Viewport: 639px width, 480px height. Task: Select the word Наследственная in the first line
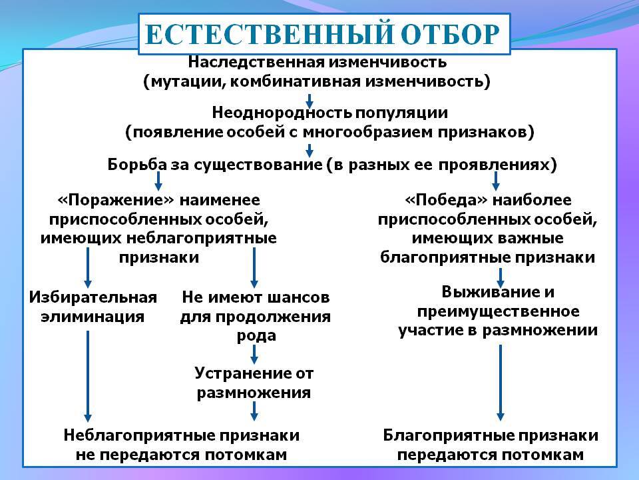click(256, 62)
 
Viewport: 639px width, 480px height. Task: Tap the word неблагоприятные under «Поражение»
click(202, 239)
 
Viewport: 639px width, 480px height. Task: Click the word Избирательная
click(93, 297)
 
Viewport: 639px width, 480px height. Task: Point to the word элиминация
click(93, 317)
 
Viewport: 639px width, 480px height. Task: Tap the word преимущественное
click(498, 312)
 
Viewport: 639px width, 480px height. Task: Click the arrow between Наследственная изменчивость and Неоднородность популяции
click(310, 101)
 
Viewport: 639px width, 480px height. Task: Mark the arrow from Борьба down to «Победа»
click(495, 181)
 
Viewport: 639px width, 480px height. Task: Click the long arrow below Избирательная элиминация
click(88, 376)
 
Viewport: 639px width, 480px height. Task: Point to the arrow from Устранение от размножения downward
click(254, 411)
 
